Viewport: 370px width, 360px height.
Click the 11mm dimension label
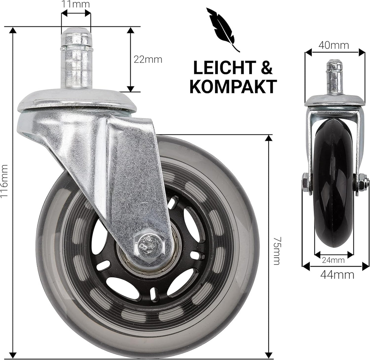pos(76,4)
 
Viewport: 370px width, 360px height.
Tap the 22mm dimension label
pos(148,59)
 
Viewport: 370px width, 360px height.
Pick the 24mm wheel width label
pos(333,260)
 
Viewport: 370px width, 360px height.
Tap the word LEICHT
pos(224,68)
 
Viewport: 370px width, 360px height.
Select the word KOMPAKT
pos(233,87)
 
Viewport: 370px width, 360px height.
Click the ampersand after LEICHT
pos(267,68)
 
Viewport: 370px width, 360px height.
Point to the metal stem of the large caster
pos(76,58)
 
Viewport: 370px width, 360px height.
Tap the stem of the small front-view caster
pos(334,77)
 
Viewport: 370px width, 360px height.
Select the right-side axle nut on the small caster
pos(362,184)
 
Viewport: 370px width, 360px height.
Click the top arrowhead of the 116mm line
pos(13,30)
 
